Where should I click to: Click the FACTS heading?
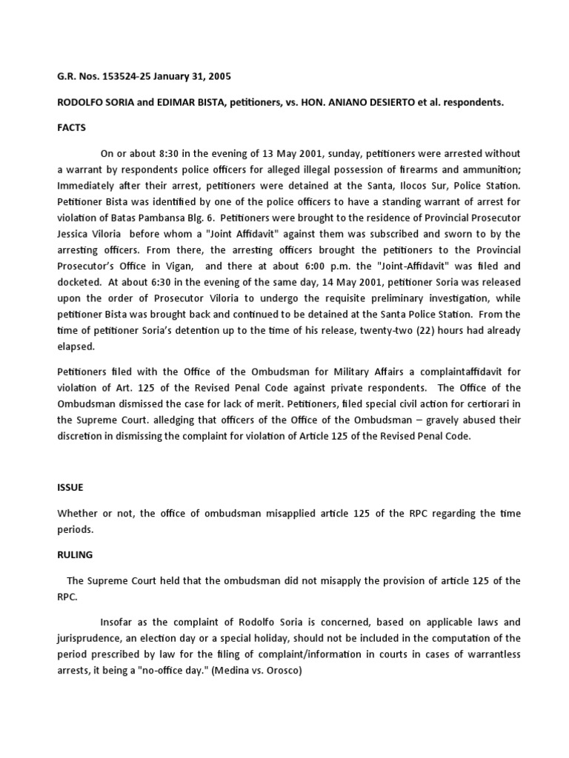[x=72, y=127]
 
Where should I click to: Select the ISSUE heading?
[x=70, y=489]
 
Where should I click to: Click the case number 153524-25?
[x=127, y=76]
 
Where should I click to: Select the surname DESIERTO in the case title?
[x=408, y=102]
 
